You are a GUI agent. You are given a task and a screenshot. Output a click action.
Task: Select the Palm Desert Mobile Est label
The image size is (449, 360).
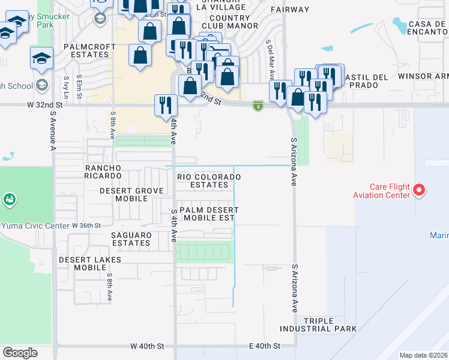(x=208, y=214)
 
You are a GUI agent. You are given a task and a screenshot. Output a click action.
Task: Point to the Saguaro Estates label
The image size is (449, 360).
(x=131, y=239)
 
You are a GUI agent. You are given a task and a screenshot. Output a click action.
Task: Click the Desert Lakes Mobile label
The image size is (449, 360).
(x=90, y=263)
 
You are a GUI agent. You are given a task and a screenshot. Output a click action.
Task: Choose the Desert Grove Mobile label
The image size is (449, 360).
(x=131, y=194)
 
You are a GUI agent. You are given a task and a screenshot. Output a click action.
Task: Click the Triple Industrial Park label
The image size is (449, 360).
(x=330, y=325)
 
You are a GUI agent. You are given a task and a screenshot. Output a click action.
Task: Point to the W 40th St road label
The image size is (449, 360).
(x=148, y=347)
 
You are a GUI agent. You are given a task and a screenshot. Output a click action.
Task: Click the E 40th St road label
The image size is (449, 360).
(x=265, y=347)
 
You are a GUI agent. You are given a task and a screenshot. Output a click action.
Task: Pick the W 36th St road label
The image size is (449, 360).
(x=86, y=226)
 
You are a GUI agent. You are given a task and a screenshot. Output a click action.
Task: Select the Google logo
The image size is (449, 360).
(x=20, y=352)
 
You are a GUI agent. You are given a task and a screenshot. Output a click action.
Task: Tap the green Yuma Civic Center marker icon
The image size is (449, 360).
(x=9, y=199)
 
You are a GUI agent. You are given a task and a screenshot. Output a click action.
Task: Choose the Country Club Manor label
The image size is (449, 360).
(x=230, y=22)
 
